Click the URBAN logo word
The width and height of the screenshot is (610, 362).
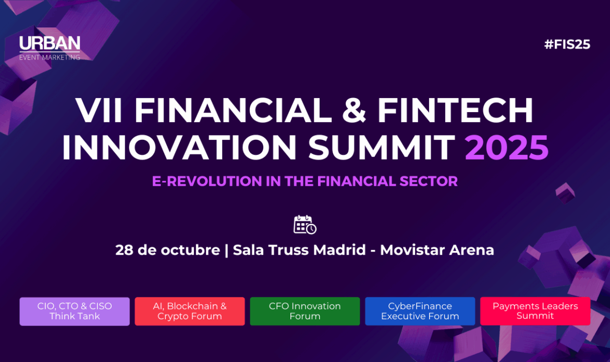coord(50,44)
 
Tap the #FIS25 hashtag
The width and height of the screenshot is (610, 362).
coord(567,44)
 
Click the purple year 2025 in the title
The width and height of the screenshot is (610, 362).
coord(507,148)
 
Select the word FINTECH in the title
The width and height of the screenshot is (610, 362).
coord(455,111)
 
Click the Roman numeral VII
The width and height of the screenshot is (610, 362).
coord(99,111)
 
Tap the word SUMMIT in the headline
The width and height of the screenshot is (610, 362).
coord(382,148)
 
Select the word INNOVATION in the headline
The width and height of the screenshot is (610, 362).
coord(179,148)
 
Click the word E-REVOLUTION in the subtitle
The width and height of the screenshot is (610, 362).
coord(207,182)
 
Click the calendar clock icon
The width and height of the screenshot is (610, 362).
coord(304,225)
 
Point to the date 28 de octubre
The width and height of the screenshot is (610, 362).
coord(168,250)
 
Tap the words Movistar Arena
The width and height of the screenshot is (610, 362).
coord(437,250)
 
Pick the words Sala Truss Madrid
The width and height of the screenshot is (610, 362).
coord(299,250)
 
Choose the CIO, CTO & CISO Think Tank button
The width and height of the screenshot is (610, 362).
coord(75,311)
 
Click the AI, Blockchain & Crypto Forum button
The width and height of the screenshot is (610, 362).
coord(190,311)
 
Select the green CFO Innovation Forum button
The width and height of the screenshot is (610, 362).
coord(305,311)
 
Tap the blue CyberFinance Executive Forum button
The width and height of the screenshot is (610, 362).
coord(420,311)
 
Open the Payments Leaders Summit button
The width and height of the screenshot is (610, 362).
coord(535,311)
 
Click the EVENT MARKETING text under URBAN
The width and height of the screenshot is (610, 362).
coord(50,57)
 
